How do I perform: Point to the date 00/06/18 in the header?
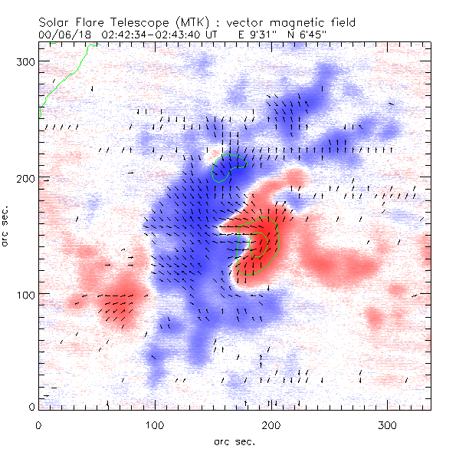(64, 35)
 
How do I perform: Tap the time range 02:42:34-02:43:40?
(159, 35)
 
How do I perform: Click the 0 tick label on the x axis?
(38, 424)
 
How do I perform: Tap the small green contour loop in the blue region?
(228, 167)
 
